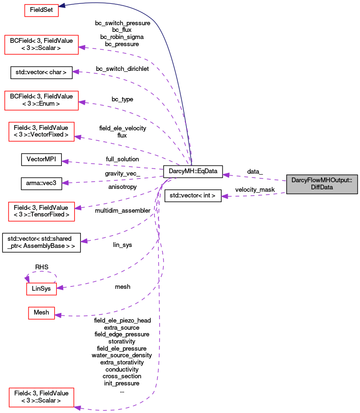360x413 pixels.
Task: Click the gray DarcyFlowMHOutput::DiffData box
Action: pos(321,184)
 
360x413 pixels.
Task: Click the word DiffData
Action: pos(321,187)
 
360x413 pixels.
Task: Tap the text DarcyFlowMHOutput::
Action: pos(321,181)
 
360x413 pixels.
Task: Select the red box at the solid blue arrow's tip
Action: pos(41,10)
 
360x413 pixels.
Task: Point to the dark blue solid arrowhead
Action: pos(62,6)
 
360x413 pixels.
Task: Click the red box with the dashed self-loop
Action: pos(41,289)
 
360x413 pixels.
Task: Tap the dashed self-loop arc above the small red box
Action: pos(42,272)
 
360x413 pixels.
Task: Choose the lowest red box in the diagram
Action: pos(41,397)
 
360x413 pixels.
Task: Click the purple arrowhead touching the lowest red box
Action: pos(77,407)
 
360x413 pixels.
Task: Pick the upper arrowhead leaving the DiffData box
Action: pos(226,175)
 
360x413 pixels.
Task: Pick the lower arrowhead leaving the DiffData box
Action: pos(224,196)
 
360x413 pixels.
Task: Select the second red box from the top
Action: pos(41,45)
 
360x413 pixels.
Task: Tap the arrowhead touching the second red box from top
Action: pos(82,47)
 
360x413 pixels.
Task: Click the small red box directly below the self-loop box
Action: pos(41,313)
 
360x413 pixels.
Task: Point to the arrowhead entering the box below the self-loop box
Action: pos(58,315)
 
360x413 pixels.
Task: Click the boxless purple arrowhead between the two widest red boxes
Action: pos(75,71)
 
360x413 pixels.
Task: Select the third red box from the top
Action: pos(41,100)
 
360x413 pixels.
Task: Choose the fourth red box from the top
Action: pos(42,132)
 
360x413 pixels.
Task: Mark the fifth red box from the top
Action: pos(41,211)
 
